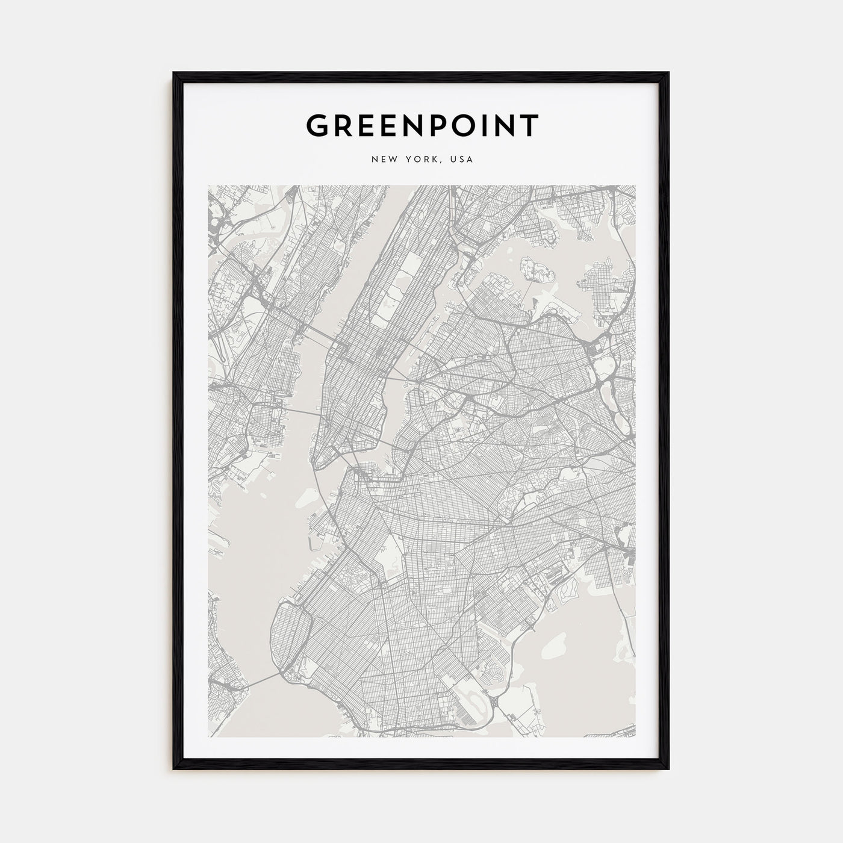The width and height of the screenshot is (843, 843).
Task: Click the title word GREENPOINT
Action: (x=421, y=125)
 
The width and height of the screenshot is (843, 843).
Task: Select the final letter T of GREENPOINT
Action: (x=529, y=125)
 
